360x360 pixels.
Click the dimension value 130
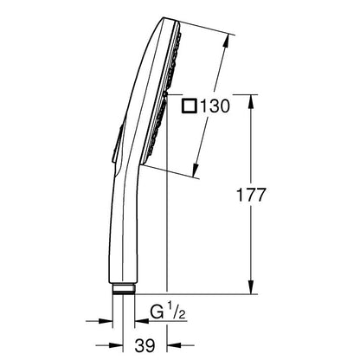pyautogui.click(x=215, y=106)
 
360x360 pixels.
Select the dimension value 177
pyautogui.click(x=250, y=195)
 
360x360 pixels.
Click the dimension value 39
pyautogui.click(x=145, y=345)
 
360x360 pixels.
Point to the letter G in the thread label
pyautogui.click(x=157, y=312)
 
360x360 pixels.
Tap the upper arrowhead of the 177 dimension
pyautogui.click(x=252, y=102)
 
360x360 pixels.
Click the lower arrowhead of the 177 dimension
pyautogui.click(x=252, y=287)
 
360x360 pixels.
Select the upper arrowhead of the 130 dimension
pyautogui.click(x=227, y=42)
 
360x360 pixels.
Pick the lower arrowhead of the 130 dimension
pyautogui.click(x=196, y=170)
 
